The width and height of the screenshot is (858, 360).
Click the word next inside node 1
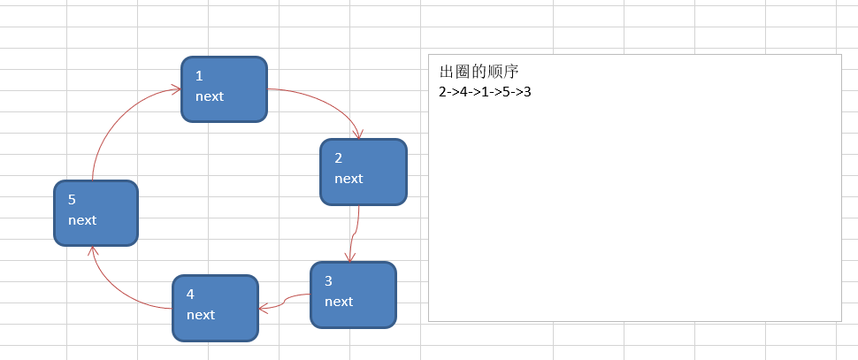pos(210,96)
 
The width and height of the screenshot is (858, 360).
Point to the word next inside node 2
pos(349,179)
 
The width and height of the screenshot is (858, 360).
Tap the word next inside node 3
pos(339,302)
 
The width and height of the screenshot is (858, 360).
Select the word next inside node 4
pos(201,315)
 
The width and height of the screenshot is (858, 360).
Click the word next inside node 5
pos(82,220)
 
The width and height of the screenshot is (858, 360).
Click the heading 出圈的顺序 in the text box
pos(479,72)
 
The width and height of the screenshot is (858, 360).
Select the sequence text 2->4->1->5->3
pos(485,91)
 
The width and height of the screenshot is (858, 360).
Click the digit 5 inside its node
pos(73,200)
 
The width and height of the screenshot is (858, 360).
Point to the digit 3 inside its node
pos(328,281)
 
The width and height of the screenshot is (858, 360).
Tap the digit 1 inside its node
pos(200,76)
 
